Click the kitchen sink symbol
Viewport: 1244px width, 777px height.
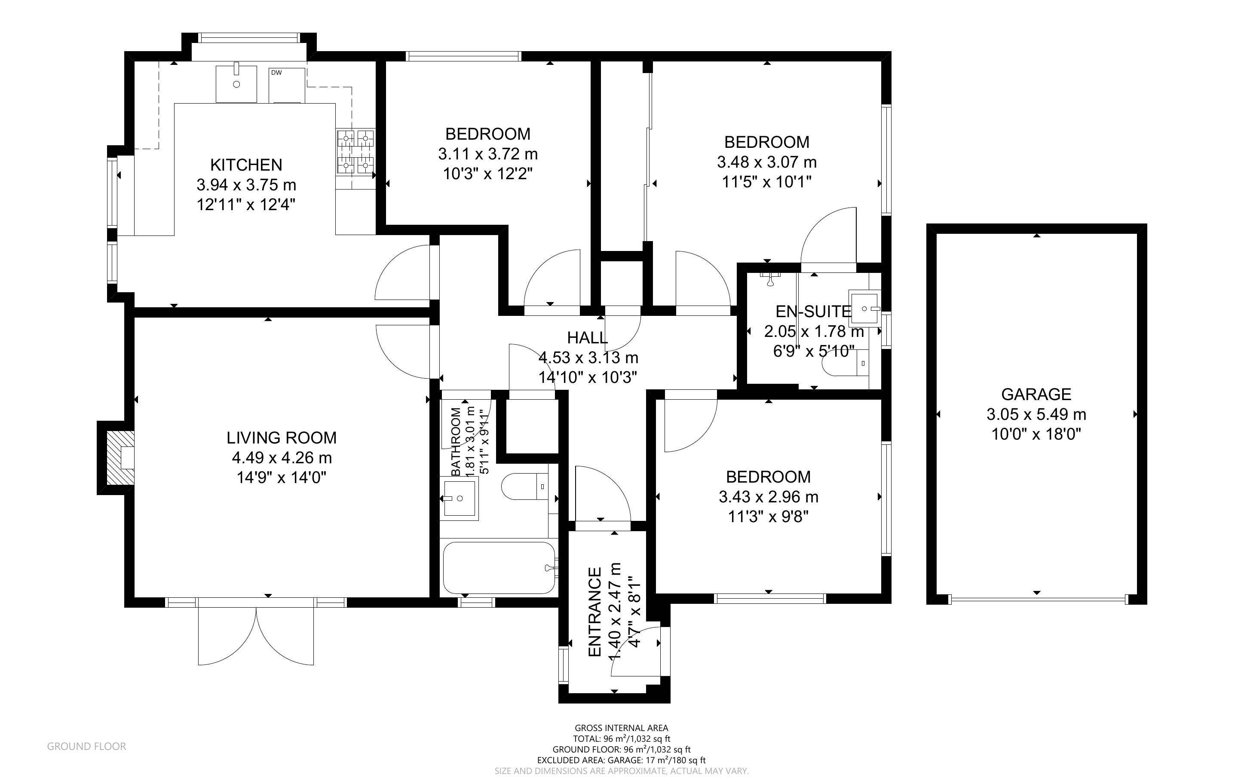pos(236,84)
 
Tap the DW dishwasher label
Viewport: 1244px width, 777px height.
pos(276,73)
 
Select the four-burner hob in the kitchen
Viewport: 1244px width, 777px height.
pos(355,152)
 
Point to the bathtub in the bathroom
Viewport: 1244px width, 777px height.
pos(499,568)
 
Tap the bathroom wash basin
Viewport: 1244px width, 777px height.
pos(460,498)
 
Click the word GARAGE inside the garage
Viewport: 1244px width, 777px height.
pos(1036,394)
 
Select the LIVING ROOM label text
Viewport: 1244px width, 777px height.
pos(282,438)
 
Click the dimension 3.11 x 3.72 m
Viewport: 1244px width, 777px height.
pos(487,154)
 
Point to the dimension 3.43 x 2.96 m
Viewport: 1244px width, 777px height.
pos(768,497)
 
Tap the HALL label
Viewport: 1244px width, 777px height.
pos(587,338)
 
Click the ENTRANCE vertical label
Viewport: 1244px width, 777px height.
pos(594,612)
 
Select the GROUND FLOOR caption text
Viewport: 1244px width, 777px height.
pos(86,746)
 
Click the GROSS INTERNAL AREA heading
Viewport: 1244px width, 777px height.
pos(621,728)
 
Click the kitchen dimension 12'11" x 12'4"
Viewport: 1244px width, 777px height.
pos(246,205)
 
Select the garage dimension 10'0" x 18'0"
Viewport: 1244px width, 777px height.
pos(1036,434)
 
